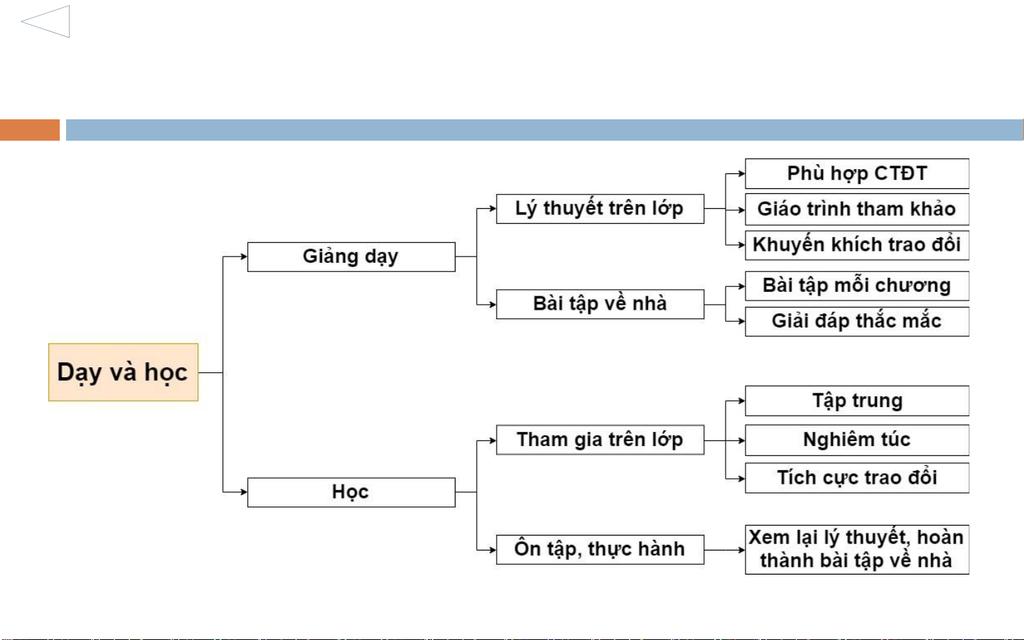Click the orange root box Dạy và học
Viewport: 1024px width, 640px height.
(x=124, y=372)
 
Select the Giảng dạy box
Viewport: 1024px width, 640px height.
(x=351, y=256)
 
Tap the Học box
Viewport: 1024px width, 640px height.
(x=351, y=492)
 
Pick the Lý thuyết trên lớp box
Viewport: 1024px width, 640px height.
(x=600, y=209)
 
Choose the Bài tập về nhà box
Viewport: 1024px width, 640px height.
(x=600, y=304)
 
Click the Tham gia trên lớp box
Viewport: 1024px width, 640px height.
(x=600, y=440)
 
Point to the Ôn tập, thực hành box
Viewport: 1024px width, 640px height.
(x=600, y=550)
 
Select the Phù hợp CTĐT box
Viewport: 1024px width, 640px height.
(x=857, y=173)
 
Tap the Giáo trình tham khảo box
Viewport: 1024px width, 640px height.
(x=857, y=210)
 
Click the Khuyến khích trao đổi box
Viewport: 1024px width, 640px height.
(x=857, y=245)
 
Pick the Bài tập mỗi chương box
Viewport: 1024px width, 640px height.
(x=857, y=286)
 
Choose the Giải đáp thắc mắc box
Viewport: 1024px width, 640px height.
(x=857, y=322)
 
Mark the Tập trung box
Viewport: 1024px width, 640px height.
(x=857, y=401)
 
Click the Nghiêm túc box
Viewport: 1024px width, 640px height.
(x=857, y=440)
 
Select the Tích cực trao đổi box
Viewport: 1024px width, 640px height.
(x=857, y=478)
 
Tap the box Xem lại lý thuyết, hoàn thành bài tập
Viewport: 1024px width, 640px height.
(x=857, y=550)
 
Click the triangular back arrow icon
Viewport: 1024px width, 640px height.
(x=45, y=21)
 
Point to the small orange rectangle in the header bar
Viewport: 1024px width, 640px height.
(x=30, y=130)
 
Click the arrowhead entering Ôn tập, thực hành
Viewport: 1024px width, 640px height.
(x=492, y=550)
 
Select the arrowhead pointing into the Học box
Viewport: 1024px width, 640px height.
(x=244, y=492)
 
